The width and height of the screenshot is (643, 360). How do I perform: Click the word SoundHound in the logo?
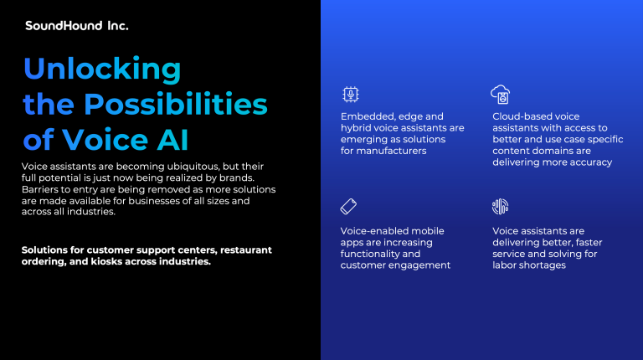64,26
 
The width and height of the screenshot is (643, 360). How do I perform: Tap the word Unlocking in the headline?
102,69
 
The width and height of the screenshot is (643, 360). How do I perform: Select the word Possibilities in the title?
176,104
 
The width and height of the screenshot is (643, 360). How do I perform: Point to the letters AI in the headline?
172,140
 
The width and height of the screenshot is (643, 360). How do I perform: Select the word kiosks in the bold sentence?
104,261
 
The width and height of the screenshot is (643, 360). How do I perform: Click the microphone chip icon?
351,95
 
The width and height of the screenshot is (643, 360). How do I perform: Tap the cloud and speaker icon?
501,95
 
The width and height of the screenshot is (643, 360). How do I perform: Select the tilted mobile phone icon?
348,207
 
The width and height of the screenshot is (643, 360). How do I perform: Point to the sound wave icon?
501,207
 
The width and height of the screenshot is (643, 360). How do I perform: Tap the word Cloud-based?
516,116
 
